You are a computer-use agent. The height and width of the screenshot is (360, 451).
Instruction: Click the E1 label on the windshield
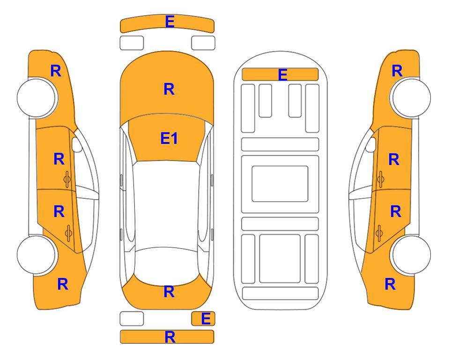click(x=169, y=138)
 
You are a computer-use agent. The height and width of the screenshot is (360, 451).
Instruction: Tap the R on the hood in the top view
click(x=169, y=89)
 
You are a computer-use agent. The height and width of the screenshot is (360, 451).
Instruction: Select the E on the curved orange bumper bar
click(x=170, y=22)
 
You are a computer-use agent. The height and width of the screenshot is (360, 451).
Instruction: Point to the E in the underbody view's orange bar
click(x=282, y=75)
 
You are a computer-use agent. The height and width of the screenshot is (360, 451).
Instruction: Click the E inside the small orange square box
click(x=206, y=319)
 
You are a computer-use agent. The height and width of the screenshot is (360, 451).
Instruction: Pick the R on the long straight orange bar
click(x=170, y=337)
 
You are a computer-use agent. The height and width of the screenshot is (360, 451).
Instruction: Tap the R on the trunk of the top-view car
click(x=169, y=292)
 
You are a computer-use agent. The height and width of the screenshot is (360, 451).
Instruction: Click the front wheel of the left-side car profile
click(x=37, y=98)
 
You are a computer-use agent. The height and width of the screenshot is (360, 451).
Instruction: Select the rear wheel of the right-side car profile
click(x=411, y=255)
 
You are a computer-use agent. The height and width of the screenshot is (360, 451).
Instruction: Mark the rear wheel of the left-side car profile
click(x=37, y=255)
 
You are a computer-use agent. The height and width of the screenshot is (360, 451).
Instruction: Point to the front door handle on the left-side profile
click(x=67, y=179)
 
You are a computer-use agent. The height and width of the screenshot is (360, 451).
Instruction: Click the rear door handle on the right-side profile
click(x=379, y=233)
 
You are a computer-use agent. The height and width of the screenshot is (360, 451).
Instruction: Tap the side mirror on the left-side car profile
click(x=76, y=144)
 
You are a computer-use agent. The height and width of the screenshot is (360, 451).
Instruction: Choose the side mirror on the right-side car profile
click(x=371, y=144)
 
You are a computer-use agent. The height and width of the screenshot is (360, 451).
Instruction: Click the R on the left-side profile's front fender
click(x=56, y=71)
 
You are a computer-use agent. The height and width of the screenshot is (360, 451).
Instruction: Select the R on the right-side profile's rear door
click(x=395, y=212)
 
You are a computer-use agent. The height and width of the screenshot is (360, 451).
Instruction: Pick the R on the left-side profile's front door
click(x=59, y=159)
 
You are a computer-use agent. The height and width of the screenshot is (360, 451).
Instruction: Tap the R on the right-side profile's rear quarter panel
click(x=390, y=284)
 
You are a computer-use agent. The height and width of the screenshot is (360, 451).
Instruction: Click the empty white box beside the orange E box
click(x=132, y=319)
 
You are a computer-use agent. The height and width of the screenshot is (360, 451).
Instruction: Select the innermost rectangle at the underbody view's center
click(x=280, y=184)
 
